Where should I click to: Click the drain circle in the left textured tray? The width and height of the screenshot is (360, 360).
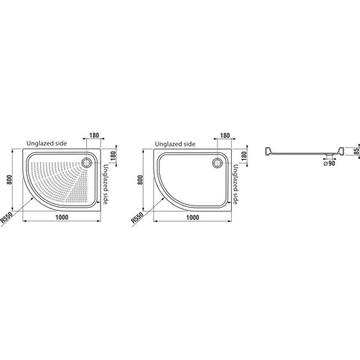pos(87,163)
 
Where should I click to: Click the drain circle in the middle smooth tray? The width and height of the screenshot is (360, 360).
pos(217,163)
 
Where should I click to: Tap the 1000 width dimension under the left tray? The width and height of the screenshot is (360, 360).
pos(61,217)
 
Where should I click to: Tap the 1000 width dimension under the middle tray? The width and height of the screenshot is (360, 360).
pos(193,217)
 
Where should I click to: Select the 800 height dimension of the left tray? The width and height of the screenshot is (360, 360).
pos(10,179)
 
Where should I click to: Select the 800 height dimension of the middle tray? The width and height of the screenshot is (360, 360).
pos(140,180)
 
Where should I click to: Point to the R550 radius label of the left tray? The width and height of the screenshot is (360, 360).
pos(6,217)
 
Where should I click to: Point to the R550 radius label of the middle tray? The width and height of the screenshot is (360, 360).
pos(137,217)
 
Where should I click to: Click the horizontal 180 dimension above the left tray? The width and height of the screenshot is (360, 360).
pos(94,135)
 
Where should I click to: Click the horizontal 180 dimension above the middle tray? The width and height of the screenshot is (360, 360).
pos(225,136)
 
